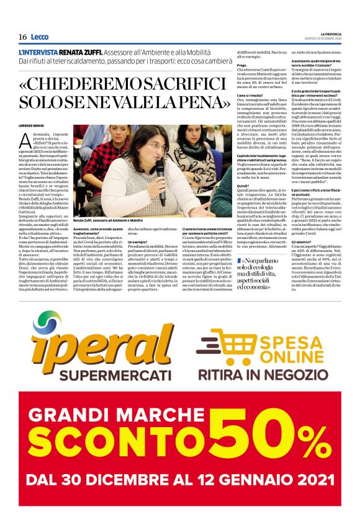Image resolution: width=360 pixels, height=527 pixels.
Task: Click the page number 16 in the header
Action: tap(22, 37)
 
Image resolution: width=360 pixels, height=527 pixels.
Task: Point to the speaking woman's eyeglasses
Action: tap(153, 147)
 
